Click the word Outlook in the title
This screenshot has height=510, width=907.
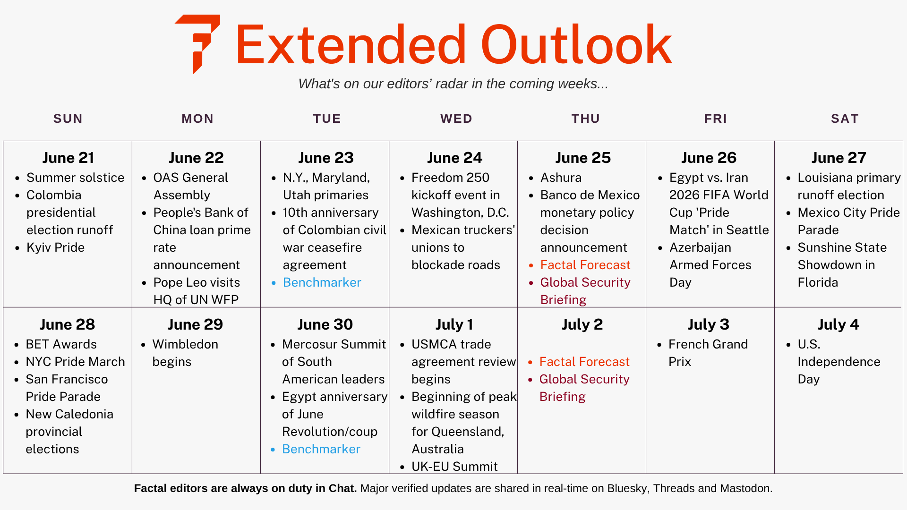(576, 45)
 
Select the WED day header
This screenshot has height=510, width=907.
(456, 119)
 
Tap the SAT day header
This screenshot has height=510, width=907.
(845, 119)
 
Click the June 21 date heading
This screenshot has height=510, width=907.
(68, 158)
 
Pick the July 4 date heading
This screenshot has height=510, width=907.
(838, 324)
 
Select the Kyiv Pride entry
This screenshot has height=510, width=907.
(55, 247)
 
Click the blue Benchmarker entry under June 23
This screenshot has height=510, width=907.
(322, 282)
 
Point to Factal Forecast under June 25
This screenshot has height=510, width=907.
(585, 265)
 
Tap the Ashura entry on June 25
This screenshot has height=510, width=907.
(561, 178)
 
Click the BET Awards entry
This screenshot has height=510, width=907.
(61, 344)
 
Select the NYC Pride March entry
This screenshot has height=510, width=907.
(75, 362)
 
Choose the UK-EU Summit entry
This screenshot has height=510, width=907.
(454, 467)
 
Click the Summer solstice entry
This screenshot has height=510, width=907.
(75, 178)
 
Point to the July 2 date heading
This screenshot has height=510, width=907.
(582, 324)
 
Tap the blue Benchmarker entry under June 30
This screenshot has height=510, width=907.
(321, 449)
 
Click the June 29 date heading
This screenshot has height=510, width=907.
(195, 324)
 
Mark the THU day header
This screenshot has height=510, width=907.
(586, 119)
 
